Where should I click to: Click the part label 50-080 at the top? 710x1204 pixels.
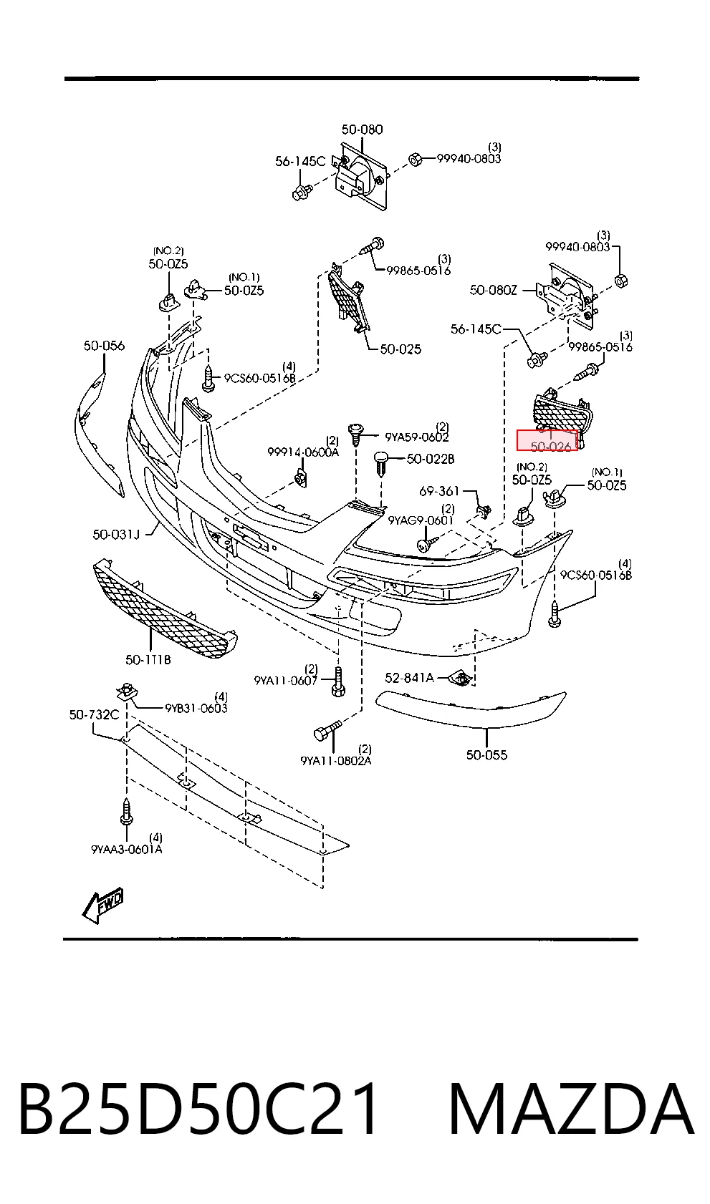[362, 130]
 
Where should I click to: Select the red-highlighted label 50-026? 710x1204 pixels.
[547, 441]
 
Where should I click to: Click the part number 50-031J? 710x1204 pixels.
[115, 534]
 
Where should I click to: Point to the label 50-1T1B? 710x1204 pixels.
[148, 659]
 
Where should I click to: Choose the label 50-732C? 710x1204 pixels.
[94, 714]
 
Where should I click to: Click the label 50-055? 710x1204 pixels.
[486, 754]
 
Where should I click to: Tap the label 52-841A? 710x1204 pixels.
[409, 678]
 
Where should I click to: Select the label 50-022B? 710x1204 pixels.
[431, 459]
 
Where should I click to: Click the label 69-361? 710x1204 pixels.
[439, 491]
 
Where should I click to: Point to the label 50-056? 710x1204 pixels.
[104, 346]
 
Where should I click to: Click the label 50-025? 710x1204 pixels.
[400, 349]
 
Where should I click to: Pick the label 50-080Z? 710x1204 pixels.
[493, 290]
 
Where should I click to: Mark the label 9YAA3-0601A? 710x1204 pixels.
[126, 849]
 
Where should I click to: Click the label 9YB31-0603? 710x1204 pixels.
[196, 709]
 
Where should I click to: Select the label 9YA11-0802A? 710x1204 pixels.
[335, 761]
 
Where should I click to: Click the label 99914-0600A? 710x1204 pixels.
[303, 452]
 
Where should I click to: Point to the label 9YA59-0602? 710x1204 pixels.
[416, 437]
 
